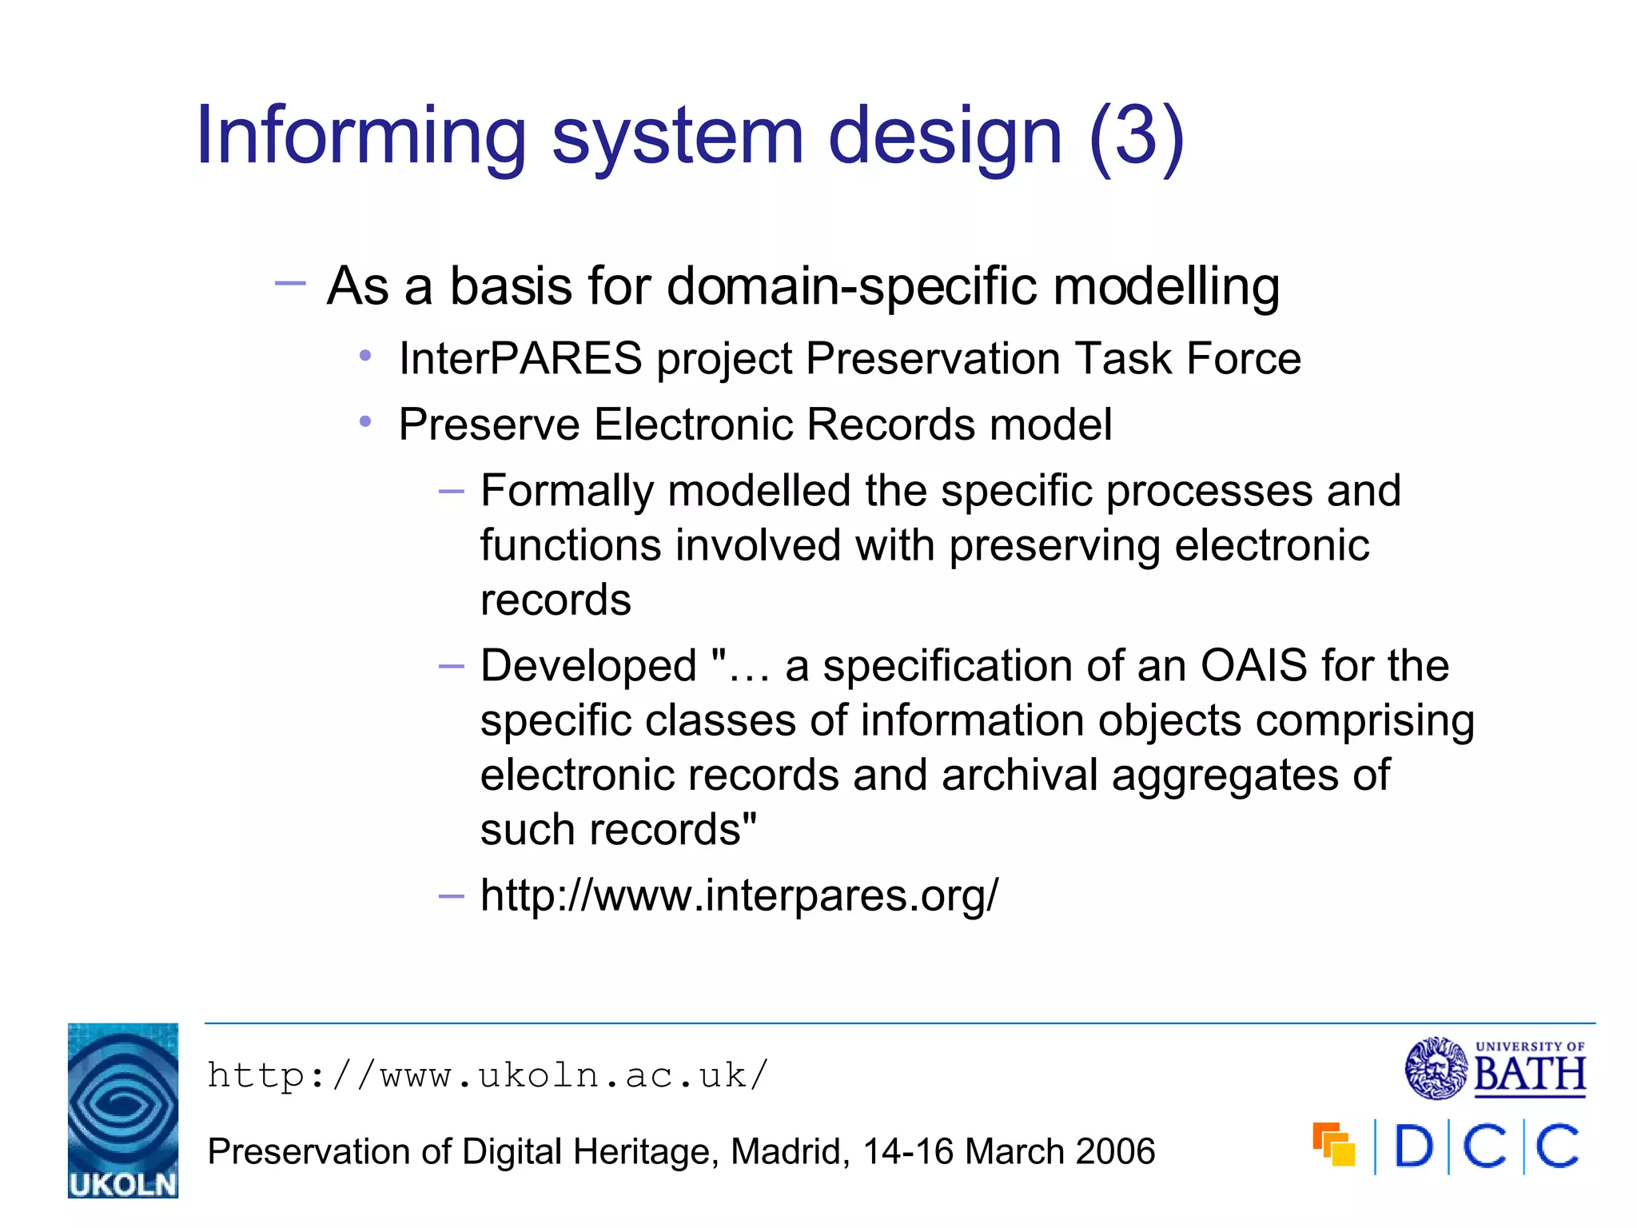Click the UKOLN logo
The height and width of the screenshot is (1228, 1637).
(x=122, y=1110)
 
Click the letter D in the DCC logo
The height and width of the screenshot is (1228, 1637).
(x=1413, y=1147)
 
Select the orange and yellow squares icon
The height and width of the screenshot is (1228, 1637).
(x=1333, y=1145)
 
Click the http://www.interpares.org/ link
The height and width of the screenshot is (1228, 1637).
(x=739, y=895)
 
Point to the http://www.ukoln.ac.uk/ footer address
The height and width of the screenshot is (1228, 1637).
(x=488, y=1075)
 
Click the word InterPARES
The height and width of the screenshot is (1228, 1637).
(x=520, y=358)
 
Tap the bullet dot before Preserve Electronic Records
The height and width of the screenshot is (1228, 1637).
(x=365, y=421)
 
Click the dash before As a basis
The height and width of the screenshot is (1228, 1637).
(x=289, y=283)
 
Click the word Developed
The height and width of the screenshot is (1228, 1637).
(x=589, y=665)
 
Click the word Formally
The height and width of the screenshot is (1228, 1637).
(x=567, y=490)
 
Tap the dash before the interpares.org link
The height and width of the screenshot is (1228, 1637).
(x=452, y=896)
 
